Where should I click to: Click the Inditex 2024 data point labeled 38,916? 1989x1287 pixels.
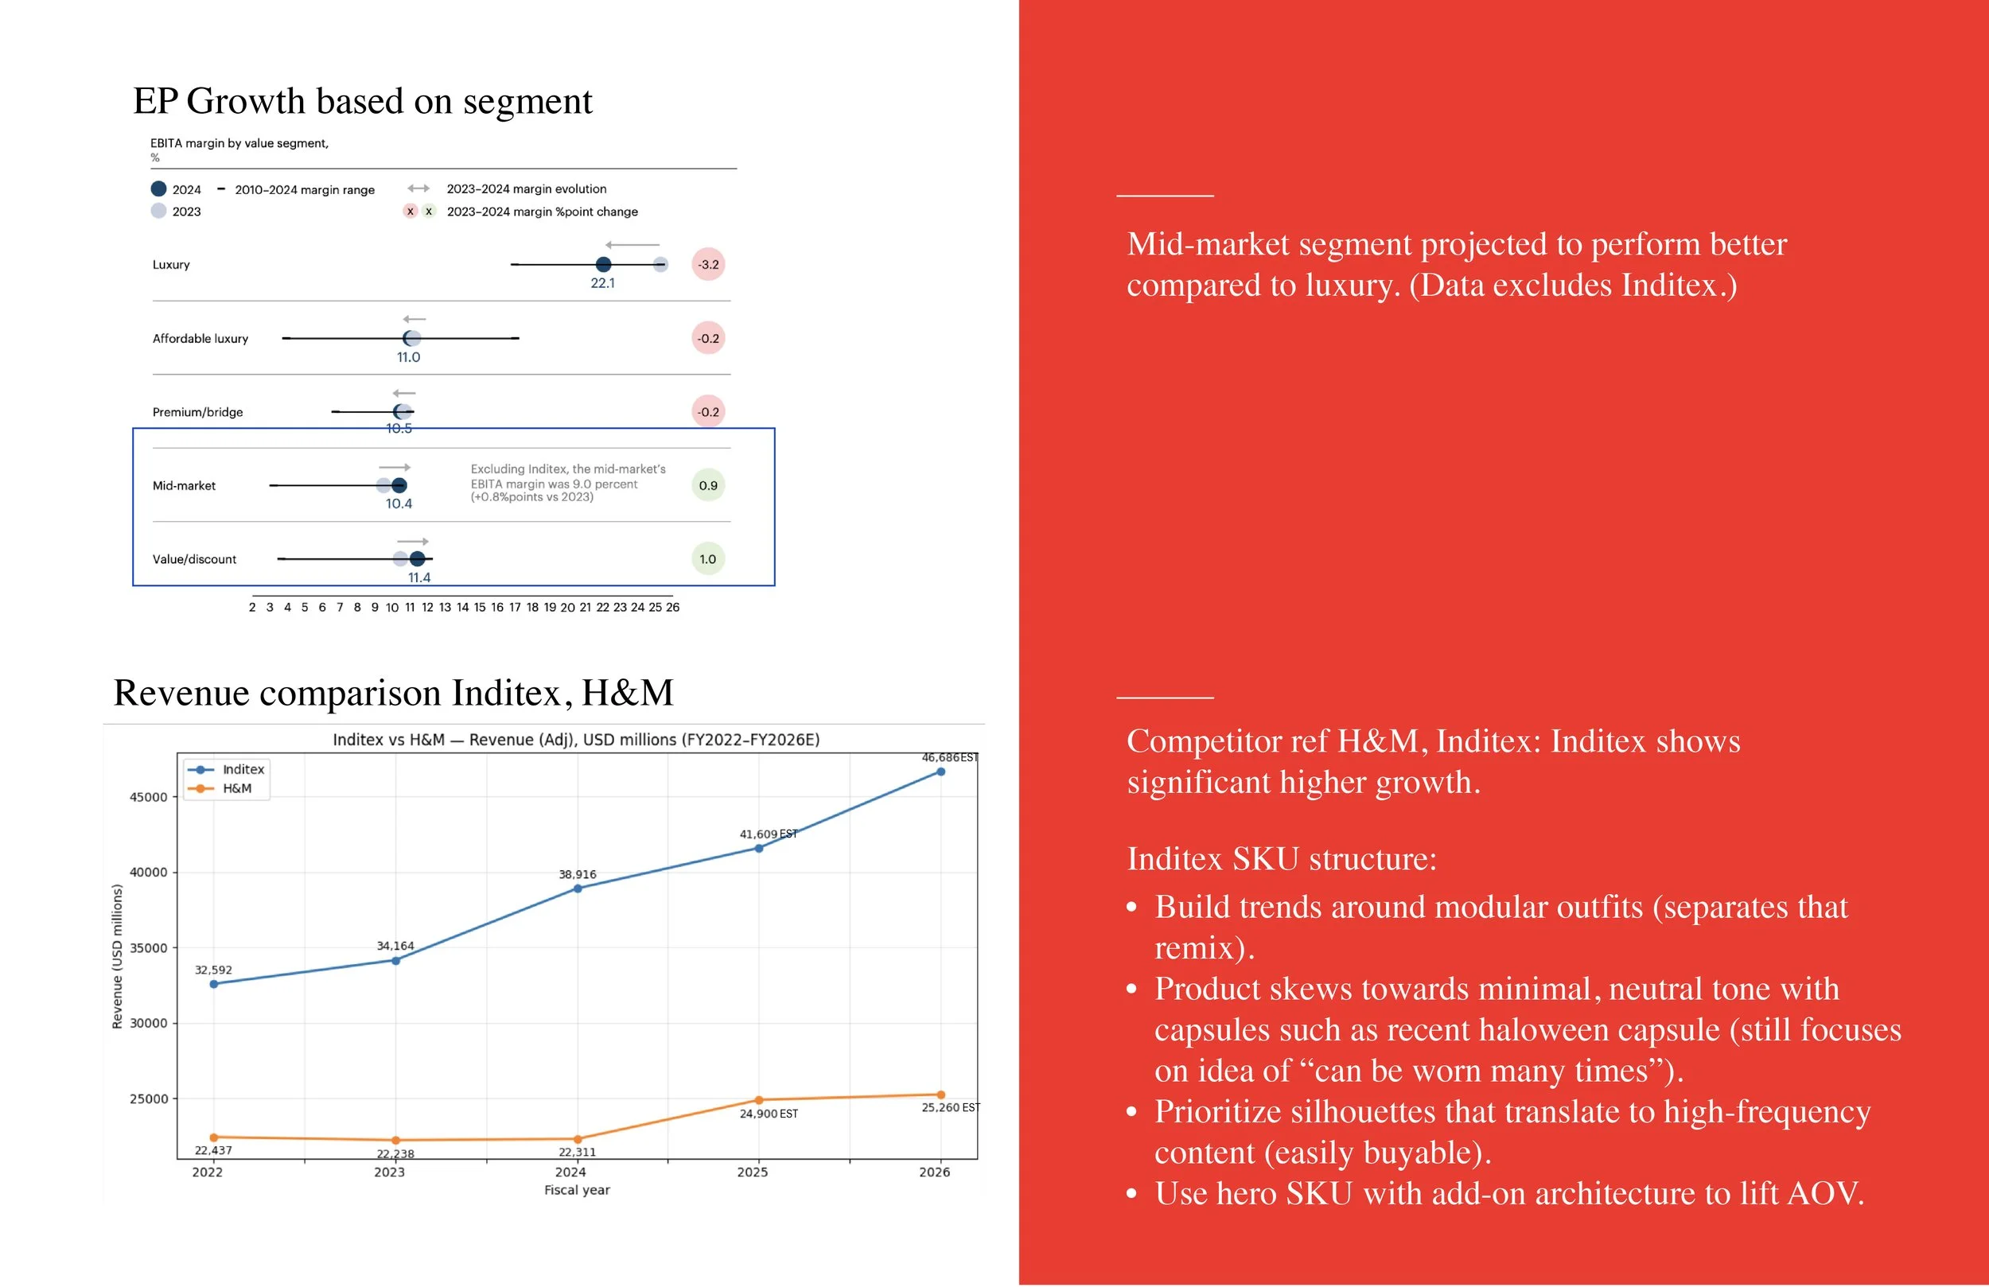(578, 889)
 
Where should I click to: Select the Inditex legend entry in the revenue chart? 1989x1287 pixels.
(243, 770)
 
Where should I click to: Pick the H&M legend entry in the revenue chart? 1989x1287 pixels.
(236, 789)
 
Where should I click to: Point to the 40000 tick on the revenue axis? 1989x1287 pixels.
(148, 873)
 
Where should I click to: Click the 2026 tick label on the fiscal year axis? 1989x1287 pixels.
(934, 1172)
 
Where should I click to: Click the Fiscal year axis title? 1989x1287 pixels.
(577, 1190)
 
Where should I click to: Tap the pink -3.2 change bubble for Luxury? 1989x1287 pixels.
(708, 265)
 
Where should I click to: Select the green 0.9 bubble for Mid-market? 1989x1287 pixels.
(708, 485)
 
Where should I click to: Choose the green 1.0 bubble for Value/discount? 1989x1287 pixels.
(708, 559)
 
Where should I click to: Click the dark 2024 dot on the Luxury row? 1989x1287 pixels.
(603, 265)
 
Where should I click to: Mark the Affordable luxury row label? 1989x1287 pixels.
(200, 339)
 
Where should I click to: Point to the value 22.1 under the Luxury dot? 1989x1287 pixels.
(602, 283)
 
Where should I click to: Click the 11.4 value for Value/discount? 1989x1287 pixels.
(419, 577)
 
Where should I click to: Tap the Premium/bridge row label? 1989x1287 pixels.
(198, 412)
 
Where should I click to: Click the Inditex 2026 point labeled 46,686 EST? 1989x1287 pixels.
(941, 772)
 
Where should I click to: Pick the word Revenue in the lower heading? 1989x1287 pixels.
(181, 694)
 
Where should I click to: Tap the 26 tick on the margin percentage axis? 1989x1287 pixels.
(673, 608)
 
